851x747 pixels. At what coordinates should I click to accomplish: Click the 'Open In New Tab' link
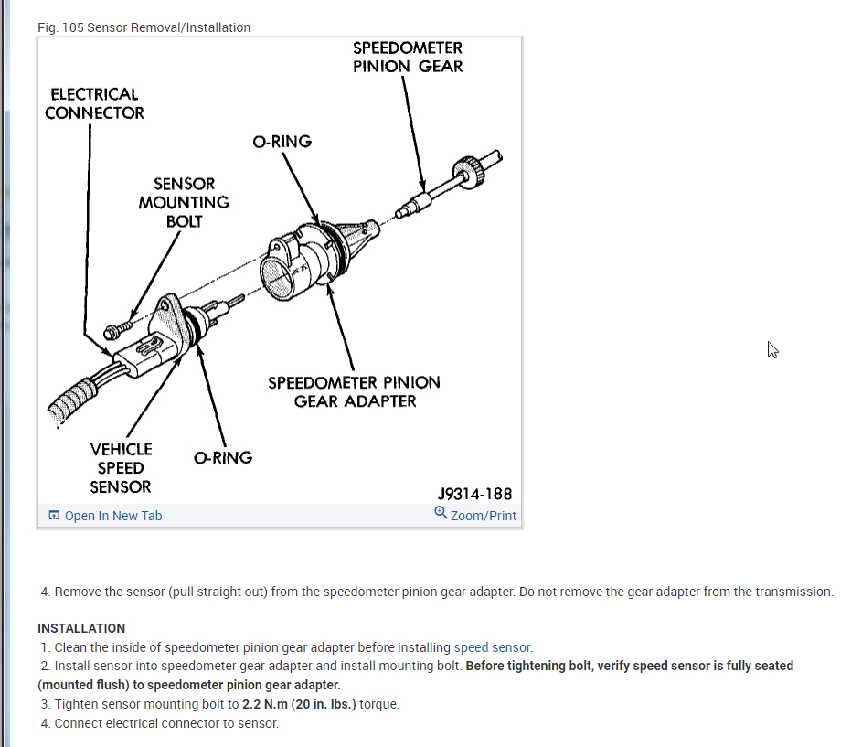click(x=112, y=516)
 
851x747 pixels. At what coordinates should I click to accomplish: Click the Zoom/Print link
click(x=483, y=516)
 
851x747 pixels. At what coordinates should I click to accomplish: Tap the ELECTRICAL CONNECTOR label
click(x=94, y=103)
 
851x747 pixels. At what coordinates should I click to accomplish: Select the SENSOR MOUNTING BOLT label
click(x=184, y=202)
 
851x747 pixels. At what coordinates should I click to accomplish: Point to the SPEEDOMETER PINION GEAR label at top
click(x=408, y=57)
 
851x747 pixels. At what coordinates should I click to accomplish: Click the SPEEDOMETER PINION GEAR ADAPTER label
click(x=354, y=391)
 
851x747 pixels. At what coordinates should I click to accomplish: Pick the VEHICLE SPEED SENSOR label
click(x=121, y=467)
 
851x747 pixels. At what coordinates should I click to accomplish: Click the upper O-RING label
click(x=282, y=142)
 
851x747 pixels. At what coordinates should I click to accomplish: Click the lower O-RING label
click(x=223, y=457)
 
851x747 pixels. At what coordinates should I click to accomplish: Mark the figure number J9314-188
click(x=474, y=494)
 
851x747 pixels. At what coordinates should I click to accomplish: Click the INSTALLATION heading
click(x=81, y=628)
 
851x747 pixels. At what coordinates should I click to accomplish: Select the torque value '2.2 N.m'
click(x=265, y=704)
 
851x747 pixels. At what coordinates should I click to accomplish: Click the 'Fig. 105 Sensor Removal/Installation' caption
click(x=144, y=27)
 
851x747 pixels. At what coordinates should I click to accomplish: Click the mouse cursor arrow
click(x=771, y=348)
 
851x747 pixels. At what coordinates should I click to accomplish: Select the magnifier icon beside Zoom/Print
click(x=441, y=513)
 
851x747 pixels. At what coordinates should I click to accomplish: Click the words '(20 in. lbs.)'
click(x=324, y=704)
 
